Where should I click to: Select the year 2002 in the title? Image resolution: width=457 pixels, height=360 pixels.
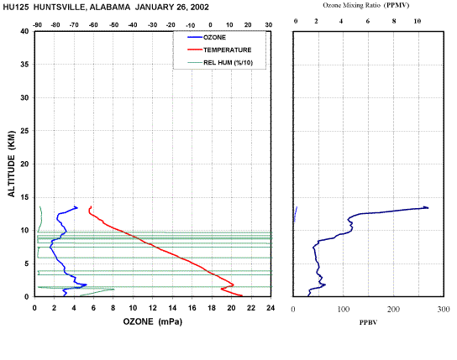point(200,8)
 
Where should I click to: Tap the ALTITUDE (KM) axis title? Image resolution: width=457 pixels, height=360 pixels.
point(12,164)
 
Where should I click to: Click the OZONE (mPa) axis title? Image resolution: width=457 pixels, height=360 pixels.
point(152,321)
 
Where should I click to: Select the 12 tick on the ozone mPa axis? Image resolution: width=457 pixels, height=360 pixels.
point(153,308)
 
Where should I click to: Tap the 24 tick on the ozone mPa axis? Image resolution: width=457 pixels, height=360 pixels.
point(271,308)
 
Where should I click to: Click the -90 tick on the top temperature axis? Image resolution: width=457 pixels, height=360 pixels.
point(37,25)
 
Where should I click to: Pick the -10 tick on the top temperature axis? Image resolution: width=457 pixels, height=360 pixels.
point(191,26)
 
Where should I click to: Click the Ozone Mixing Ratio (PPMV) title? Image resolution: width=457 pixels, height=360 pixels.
point(366,6)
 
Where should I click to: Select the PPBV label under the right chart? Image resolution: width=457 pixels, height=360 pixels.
point(368,322)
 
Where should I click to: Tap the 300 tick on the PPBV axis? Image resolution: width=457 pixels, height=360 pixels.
point(444,309)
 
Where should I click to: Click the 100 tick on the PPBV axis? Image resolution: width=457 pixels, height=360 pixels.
point(344,309)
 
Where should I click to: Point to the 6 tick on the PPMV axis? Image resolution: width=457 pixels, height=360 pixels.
point(368,21)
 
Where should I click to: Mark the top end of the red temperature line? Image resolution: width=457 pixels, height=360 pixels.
point(92,206)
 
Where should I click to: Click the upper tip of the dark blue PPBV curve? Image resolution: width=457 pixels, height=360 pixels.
point(428,207)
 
